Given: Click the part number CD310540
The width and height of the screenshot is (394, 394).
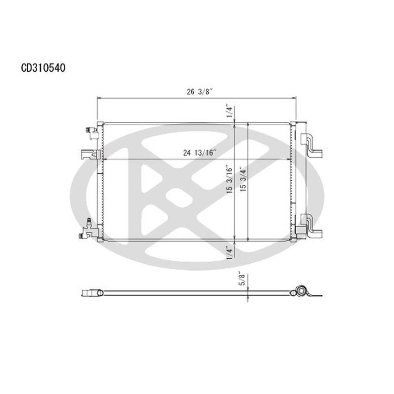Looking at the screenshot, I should [43, 68].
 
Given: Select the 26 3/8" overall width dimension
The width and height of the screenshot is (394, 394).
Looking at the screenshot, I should [196, 92].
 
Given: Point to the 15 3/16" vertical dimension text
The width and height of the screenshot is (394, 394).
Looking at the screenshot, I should [229, 181].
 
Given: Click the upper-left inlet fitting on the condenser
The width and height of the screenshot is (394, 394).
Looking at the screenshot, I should [91, 132].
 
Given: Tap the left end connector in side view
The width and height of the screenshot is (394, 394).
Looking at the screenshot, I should [93, 293].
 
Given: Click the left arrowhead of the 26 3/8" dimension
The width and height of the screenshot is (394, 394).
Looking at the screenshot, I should [98, 98].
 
